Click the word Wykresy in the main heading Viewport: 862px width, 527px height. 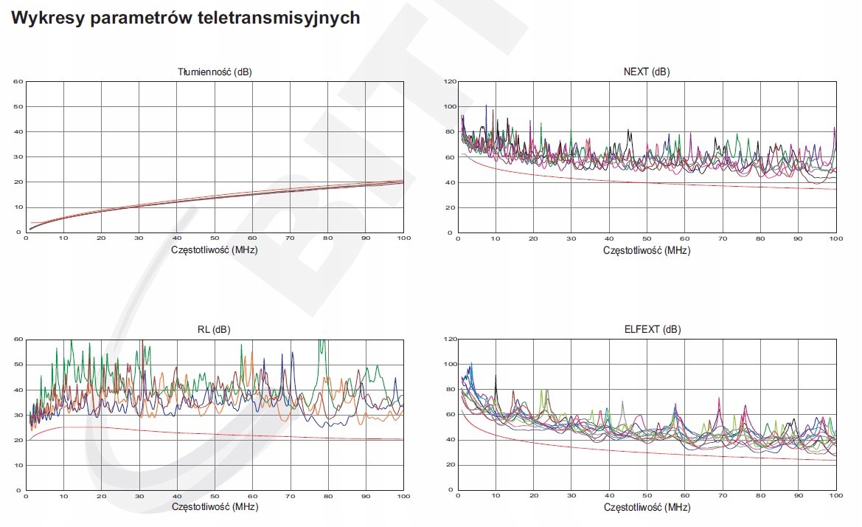click(46, 18)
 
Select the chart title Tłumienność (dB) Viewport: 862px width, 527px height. click(215, 72)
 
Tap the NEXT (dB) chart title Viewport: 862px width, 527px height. click(647, 72)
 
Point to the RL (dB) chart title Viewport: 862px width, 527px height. click(215, 330)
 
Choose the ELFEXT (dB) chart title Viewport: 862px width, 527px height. click(647, 330)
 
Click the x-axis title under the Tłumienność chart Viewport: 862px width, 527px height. click(215, 249)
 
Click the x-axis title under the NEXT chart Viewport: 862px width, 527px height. click(647, 249)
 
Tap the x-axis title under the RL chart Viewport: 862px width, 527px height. click(215, 508)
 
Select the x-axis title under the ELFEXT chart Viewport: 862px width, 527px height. click(647, 508)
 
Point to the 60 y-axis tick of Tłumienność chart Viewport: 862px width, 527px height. click(18, 81)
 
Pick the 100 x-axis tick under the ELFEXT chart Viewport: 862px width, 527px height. click(835, 497)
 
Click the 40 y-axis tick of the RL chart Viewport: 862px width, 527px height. click(18, 390)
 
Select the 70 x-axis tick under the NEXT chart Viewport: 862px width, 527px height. click(723, 238)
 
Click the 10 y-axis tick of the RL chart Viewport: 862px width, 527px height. click(18, 465)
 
